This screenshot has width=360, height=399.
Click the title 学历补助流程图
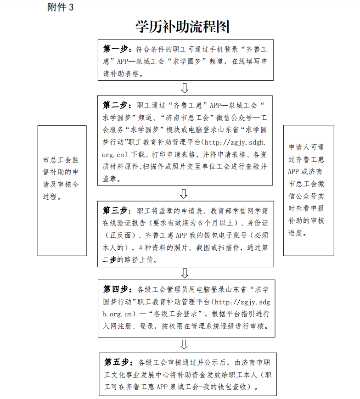[182, 27]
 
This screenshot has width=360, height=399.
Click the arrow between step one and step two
[185, 88]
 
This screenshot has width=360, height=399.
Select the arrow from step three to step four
[185, 273]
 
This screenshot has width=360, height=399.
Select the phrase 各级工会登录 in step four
[179, 315]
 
